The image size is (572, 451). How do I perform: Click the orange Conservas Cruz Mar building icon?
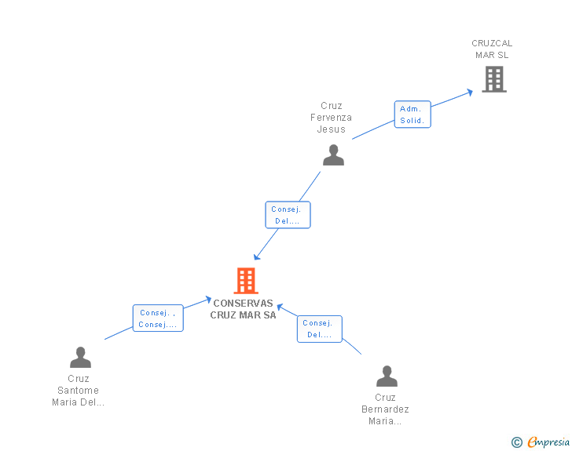point(246,281)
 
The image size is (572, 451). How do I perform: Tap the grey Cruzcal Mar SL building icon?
point(493,78)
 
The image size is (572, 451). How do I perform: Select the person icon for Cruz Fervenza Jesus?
point(333,155)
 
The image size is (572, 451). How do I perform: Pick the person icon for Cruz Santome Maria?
point(80,358)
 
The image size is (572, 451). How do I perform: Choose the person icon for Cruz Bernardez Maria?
point(387,376)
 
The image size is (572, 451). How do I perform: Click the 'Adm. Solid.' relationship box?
point(412,115)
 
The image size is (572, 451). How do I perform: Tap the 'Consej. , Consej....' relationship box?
point(157,318)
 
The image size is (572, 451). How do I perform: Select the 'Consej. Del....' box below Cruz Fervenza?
point(288,215)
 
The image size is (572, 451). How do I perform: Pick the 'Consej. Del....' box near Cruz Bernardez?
point(319,329)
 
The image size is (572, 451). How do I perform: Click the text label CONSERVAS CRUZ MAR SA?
point(243,309)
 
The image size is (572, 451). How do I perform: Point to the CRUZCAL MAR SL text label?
point(492,49)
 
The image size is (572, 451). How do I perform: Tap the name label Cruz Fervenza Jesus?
point(331,118)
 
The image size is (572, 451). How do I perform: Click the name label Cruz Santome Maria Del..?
point(79,391)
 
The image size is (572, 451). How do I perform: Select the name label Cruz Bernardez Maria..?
point(385,409)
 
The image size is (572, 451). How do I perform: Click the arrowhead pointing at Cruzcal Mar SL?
point(470,92)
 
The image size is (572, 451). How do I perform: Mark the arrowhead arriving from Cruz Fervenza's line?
point(256,256)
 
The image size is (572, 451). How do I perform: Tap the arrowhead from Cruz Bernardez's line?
point(279,306)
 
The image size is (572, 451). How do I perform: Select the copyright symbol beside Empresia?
point(516,442)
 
